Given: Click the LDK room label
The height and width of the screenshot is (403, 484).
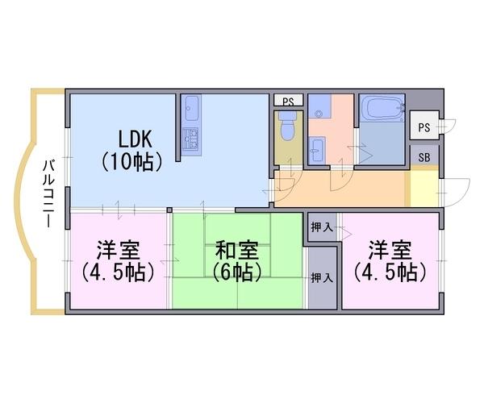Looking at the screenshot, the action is coord(136,139).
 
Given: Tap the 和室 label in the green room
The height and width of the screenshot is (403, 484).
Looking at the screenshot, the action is coord(236,251).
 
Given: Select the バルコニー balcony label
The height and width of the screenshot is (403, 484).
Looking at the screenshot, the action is coord(48,193).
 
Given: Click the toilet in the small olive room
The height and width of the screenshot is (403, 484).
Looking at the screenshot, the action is coord(287,126).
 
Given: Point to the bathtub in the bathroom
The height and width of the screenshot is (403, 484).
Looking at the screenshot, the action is coord(382,109).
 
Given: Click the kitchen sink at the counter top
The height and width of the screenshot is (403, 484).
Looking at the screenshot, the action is coord(191,109).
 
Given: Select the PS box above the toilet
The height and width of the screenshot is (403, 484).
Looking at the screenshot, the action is coord(288,101).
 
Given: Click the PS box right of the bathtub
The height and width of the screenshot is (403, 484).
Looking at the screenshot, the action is coord(423,125).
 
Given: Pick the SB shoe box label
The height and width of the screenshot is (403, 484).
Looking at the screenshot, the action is coord(424,157).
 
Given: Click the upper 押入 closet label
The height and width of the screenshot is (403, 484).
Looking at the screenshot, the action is coord(322,227).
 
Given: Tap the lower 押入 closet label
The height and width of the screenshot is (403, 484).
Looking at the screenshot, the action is coord(322,277).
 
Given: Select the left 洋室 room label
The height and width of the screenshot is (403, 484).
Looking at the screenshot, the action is coord(119,251).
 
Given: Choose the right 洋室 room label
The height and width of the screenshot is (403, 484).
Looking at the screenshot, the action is coord(390,251).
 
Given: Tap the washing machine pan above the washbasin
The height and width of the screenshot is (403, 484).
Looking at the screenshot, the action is coord(319,106).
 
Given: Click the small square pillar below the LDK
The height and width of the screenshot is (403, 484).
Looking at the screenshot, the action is coord(169,210).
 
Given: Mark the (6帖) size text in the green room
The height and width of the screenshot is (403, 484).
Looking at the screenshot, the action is coord(236,272).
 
